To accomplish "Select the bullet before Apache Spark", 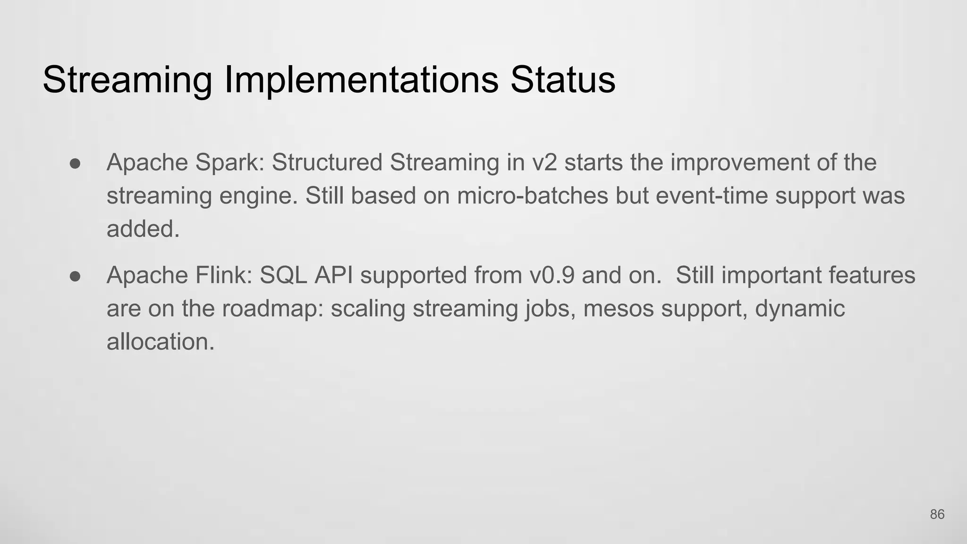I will [x=75, y=163].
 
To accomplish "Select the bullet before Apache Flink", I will [x=75, y=276].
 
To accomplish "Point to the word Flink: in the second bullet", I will [x=224, y=275].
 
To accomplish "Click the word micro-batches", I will [x=532, y=196].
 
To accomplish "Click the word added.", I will [x=143, y=229].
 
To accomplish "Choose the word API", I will [x=333, y=275].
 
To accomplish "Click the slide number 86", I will [x=937, y=515].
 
